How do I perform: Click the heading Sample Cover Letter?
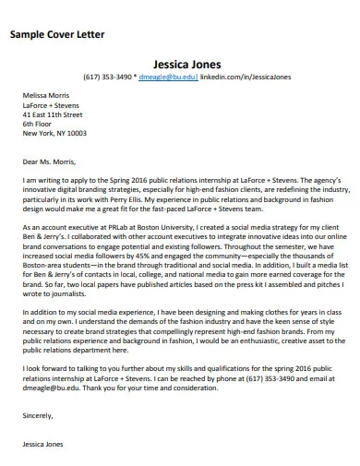(56, 34)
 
